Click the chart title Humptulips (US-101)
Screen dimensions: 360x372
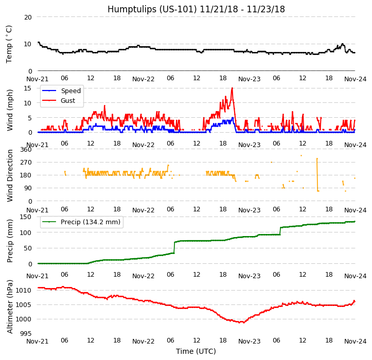(x=196, y=9)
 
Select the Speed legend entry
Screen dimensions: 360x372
(x=70, y=91)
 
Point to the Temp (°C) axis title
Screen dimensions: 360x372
(x=9, y=44)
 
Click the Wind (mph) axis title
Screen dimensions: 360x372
(x=10, y=110)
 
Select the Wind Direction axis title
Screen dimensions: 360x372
(x=10, y=175)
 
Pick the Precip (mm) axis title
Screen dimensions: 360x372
(x=10, y=240)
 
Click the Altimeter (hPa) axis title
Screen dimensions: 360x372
(x=10, y=307)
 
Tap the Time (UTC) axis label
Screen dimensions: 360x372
(x=196, y=351)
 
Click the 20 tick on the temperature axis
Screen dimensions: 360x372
(x=28, y=17)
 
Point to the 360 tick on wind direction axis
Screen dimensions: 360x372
(x=26, y=150)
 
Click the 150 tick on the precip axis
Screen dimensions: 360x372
(x=26, y=217)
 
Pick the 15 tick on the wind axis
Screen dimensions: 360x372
(x=28, y=88)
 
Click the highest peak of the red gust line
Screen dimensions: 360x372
(x=232, y=88)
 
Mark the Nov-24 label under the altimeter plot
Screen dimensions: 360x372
(x=355, y=341)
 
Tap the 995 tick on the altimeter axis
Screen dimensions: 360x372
(x=26, y=334)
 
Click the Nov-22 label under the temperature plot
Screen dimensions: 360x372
(x=143, y=79)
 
